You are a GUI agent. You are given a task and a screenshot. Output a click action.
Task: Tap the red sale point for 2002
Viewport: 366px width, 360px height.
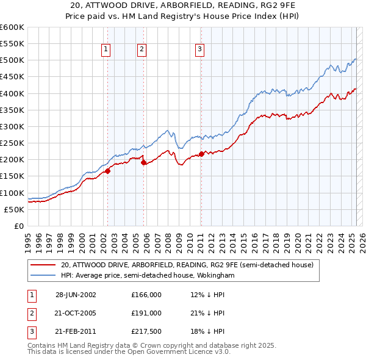(108, 171)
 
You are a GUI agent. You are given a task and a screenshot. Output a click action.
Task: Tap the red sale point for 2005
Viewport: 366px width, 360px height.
(143, 162)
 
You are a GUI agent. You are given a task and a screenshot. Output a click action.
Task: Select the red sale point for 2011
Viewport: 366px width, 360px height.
(201, 154)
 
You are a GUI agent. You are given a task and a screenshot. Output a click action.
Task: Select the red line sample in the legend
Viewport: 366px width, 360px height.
(43, 265)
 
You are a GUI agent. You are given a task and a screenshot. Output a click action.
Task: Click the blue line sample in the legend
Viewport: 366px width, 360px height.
(43, 275)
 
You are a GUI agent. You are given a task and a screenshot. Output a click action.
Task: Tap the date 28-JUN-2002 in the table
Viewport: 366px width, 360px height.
(76, 294)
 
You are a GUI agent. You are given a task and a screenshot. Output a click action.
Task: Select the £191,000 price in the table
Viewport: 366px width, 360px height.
(146, 313)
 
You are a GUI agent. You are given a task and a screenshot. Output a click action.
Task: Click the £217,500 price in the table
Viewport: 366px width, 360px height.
(146, 332)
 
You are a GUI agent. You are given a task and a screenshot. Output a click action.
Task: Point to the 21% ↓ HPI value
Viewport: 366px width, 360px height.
(207, 313)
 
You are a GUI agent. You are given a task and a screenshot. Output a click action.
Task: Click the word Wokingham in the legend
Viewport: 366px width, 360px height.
(214, 275)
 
